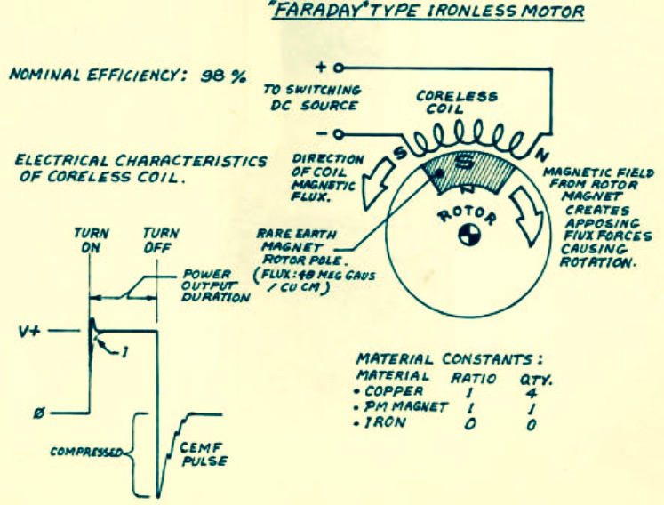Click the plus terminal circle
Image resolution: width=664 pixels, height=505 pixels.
(x=338, y=68)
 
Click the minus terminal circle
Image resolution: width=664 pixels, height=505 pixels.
(x=338, y=135)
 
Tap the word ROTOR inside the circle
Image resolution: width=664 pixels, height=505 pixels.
(x=467, y=216)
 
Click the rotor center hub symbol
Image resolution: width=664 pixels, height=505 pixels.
(x=469, y=235)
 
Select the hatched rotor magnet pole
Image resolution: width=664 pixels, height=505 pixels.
(x=469, y=172)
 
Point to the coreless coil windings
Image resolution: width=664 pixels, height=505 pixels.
(x=465, y=139)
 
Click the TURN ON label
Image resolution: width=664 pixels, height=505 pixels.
(x=91, y=240)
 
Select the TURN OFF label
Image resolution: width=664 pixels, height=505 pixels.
(x=161, y=240)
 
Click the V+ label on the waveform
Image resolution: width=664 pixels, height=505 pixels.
(x=29, y=331)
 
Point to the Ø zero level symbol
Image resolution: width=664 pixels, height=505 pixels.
(x=39, y=413)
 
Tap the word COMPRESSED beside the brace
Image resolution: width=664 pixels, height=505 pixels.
(x=87, y=452)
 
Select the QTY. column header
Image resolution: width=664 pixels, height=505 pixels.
(x=536, y=379)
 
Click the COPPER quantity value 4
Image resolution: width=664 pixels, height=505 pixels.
(x=531, y=393)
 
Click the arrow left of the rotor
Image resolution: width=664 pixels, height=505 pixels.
(x=376, y=182)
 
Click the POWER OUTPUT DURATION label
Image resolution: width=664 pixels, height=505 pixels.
(x=215, y=285)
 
